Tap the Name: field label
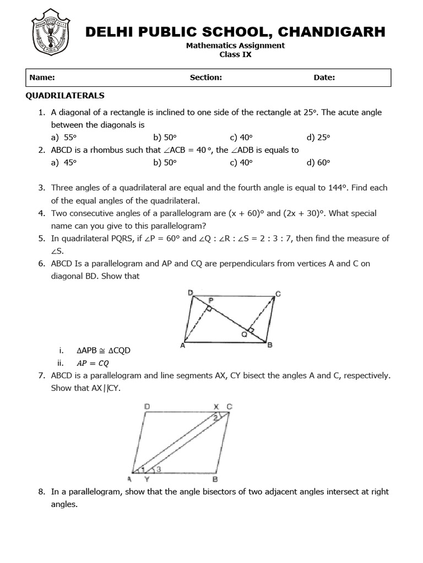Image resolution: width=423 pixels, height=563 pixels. (42, 78)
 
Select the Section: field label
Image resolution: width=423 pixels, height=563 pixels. (205, 78)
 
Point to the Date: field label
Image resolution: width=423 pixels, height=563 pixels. (324, 78)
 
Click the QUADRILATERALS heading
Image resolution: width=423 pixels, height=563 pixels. (65, 96)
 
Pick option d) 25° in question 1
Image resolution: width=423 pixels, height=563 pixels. (319, 137)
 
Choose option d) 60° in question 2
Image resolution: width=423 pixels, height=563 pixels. (319, 162)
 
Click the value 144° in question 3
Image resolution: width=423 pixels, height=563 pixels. (337, 187)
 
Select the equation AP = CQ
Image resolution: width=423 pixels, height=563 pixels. (93, 363)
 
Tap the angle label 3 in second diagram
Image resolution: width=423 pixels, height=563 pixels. (159, 469)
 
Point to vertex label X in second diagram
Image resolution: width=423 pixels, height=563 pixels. (216, 406)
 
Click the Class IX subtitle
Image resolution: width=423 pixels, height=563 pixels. (235, 54)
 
